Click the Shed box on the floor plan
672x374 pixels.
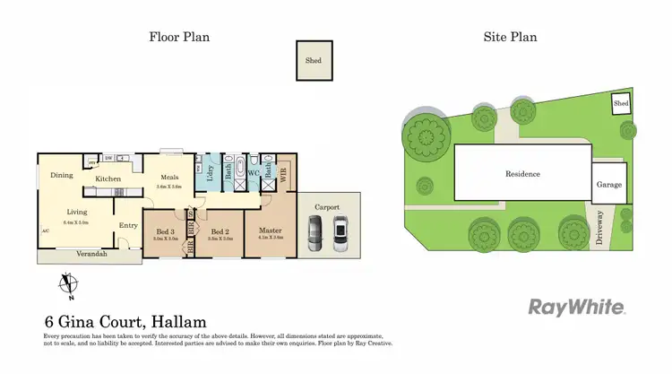pyautogui.click(x=314, y=61)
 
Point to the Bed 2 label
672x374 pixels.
pyautogui.click(x=220, y=232)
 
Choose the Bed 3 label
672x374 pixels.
pyautogui.click(x=165, y=232)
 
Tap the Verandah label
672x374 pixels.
pyautogui.click(x=90, y=255)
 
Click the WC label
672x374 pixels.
pyautogui.click(x=254, y=172)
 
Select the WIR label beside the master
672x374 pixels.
pyautogui.click(x=285, y=176)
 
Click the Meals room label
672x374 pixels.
pyautogui.click(x=169, y=177)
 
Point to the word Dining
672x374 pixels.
pyautogui.click(x=62, y=175)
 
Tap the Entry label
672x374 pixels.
pyautogui.click(x=128, y=225)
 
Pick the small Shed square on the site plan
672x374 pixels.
pyautogui.click(x=621, y=104)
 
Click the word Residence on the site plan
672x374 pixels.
pyautogui.click(x=523, y=174)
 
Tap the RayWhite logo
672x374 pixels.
pyautogui.click(x=577, y=308)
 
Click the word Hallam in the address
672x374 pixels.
pyautogui.click(x=178, y=321)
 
